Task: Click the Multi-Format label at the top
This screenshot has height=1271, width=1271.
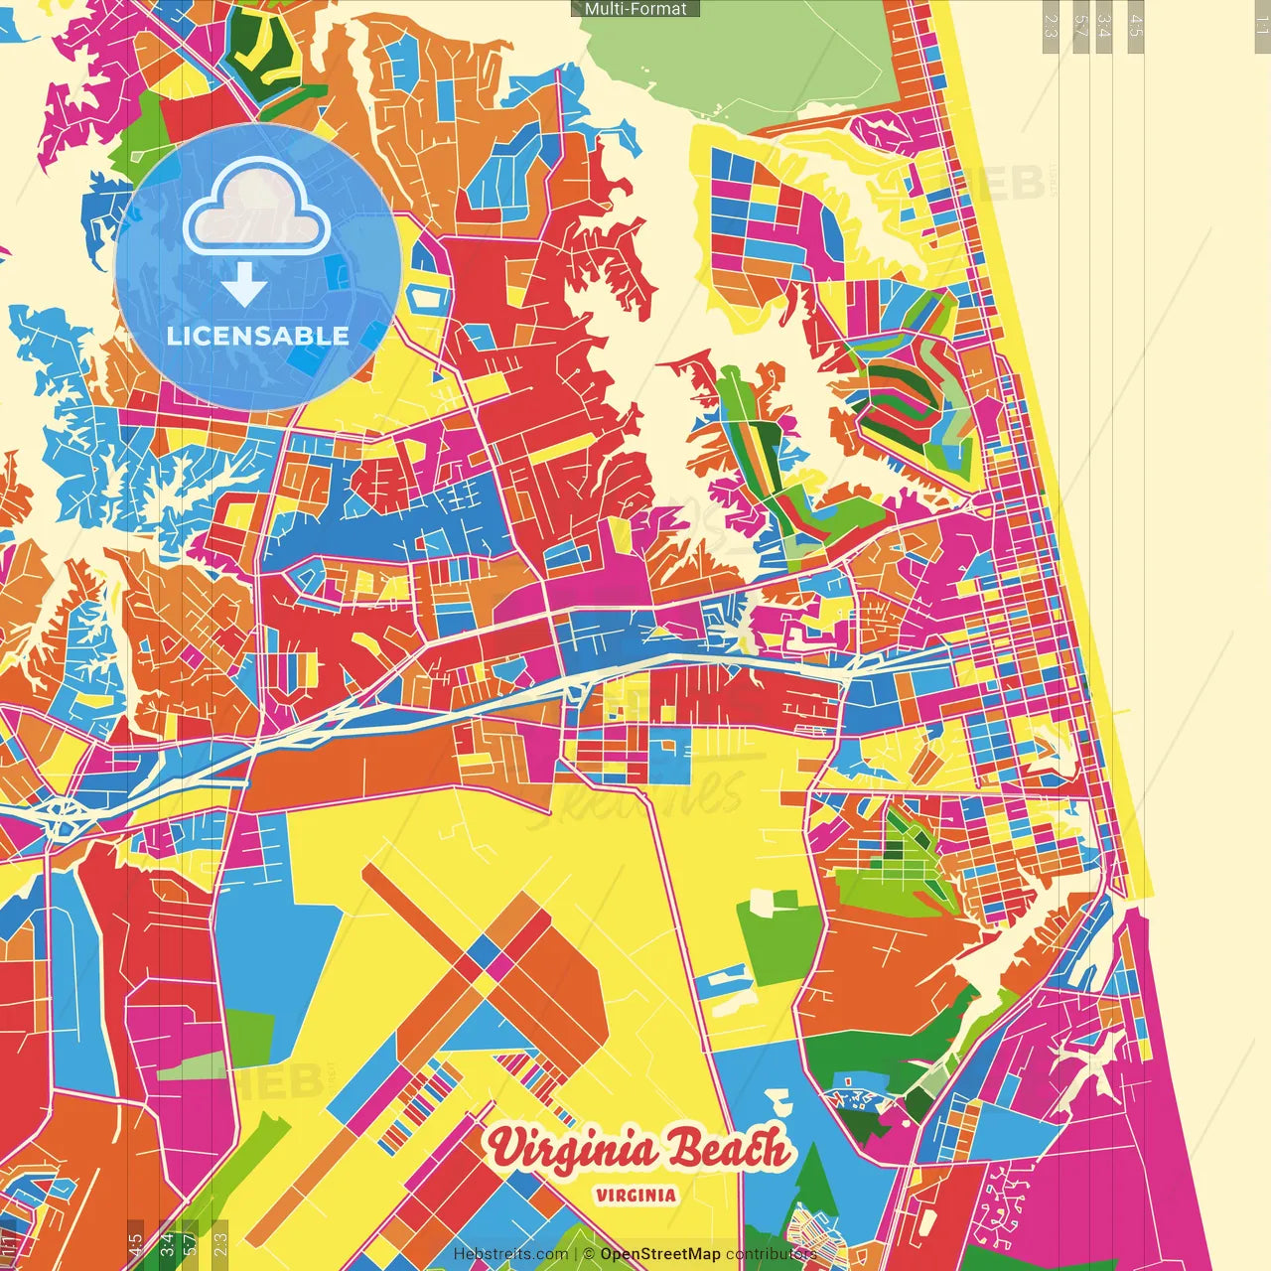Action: pyautogui.click(x=635, y=9)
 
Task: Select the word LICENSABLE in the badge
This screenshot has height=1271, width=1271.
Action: pyautogui.click(x=258, y=336)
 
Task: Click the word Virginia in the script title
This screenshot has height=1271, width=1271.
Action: pyautogui.click(x=573, y=1150)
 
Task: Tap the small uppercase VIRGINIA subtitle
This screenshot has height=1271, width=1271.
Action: pyautogui.click(x=636, y=1196)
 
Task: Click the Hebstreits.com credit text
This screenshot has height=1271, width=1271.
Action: pyautogui.click(x=510, y=1254)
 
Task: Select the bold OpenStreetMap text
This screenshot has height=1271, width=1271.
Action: pyautogui.click(x=660, y=1254)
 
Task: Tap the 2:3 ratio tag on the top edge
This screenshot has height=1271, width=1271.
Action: pyautogui.click(x=1051, y=26)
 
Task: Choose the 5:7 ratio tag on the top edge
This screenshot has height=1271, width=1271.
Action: pyautogui.click(x=1079, y=26)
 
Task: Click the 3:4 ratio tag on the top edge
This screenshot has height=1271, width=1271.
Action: pyautogui.click(x=1103, y=26)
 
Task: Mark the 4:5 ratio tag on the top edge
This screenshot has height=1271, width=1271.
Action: pyautogui.click(x=1135, y=26)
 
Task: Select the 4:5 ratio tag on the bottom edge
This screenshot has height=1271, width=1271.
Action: pyautogui.click(x=135, y=1244)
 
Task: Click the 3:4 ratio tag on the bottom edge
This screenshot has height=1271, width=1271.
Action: pyautogui.click(x=167, y=1244)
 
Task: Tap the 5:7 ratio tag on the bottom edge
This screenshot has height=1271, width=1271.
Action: pyautogui.click(x=190, y=1244)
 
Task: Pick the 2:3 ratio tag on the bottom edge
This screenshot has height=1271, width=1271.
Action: pyautogui.click(x=219, y=1244)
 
